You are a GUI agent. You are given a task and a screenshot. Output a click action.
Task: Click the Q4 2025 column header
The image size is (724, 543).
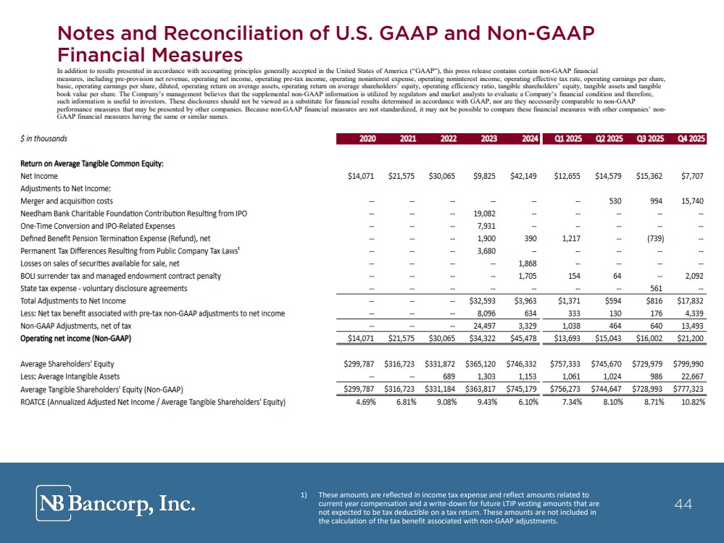[691, 138]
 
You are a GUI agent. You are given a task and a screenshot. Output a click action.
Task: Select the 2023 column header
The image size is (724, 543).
[489, 138]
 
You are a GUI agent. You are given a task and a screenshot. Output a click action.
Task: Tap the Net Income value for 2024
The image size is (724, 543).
[523, 176]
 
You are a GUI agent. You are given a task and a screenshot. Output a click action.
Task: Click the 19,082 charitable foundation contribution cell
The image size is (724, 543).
[485, 214]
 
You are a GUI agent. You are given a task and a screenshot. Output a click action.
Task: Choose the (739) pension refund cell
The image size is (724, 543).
[656, 238]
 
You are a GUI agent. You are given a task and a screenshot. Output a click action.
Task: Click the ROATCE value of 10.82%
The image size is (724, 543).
[693, 402]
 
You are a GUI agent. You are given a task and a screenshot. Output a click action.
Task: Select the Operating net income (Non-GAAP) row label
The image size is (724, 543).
[75, 339]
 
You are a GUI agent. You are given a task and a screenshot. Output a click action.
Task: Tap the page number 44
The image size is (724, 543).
[683, 504]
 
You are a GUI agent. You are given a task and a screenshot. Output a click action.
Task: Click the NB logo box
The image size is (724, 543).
[54, 503]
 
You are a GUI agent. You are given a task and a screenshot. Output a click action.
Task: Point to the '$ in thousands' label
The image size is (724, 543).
[44, 138]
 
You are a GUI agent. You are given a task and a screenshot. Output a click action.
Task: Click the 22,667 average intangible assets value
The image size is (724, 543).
[693, 376]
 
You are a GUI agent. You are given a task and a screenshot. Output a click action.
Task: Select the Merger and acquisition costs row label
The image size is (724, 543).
[67, 201]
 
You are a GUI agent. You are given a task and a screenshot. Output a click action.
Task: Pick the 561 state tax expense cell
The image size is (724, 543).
[656, 288]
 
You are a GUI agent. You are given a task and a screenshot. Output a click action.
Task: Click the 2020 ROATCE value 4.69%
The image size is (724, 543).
[366, 402]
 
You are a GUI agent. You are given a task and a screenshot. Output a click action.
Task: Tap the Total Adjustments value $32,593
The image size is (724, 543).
[483, 300]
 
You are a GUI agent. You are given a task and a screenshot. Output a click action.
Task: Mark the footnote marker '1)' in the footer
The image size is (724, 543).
[304, 495]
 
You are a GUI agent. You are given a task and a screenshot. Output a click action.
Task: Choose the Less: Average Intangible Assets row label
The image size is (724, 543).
[70, 376]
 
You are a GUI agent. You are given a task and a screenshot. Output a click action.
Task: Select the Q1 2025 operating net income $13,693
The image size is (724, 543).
[567, 339]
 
